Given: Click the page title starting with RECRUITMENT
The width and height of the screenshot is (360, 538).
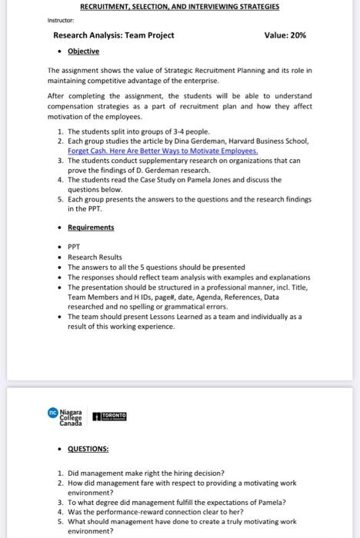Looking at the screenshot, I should [179, 6].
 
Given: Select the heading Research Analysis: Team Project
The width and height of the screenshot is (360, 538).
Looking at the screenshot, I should [113, 35].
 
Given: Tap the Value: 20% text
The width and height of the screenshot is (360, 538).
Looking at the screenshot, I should [285, 35].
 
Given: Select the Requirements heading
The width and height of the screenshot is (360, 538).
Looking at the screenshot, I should [91, 227].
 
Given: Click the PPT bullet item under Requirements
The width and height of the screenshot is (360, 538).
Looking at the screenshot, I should [75, 247].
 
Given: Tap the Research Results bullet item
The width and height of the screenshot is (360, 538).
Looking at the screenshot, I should [95, 257].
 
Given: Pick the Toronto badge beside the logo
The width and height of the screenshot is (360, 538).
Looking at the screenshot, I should [109, 416].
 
